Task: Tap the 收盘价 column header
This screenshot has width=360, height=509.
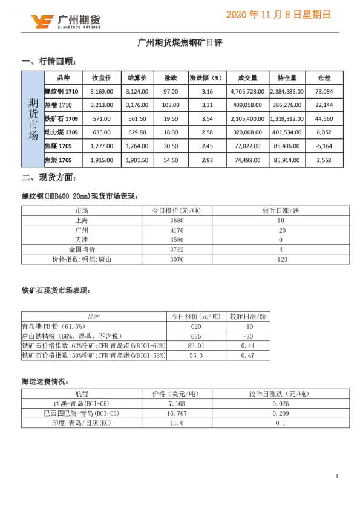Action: [101, 78]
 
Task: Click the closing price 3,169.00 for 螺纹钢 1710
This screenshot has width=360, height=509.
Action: [101, 92]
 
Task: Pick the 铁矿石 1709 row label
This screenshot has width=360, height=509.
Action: [62, 119]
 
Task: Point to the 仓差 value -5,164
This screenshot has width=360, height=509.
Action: [324, 146]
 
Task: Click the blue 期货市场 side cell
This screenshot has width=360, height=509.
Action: [33, 119]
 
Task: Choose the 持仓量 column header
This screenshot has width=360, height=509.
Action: [286, 78]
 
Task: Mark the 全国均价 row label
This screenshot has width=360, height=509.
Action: [82, 249]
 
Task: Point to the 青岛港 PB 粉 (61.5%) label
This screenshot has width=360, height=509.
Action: [51, 326]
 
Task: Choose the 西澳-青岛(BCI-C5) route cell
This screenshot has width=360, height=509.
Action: [82, 403]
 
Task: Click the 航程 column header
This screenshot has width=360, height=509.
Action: [82, 394]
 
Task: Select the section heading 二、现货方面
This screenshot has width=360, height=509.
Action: [48, 178]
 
